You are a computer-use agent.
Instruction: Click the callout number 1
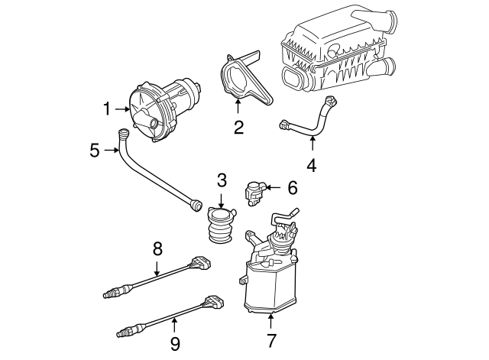coord(107,109)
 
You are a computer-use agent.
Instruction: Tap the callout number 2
coord(238,128)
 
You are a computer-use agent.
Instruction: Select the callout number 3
coord(221,180)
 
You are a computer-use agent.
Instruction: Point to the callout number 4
coord(310,164)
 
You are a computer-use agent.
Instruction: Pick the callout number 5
coord(95,150)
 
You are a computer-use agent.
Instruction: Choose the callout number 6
coord(292,187)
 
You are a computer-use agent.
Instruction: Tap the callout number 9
coord(175,343)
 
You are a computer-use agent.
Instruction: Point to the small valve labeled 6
coord(255,192)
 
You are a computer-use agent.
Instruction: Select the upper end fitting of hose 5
coord(123,135)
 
